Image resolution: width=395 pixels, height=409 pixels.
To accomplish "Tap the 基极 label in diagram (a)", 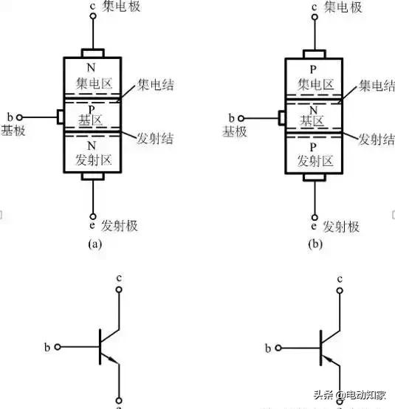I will pyautogui.click(x=14, y=131).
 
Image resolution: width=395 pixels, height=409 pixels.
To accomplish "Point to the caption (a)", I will pyautogui.click(x=95, y=243).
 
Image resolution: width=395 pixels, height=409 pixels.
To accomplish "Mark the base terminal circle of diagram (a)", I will pyautogui.click(x=21, y=117).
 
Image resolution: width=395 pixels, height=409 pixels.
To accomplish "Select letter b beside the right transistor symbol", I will pyautogui.click(x=269, y=346).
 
